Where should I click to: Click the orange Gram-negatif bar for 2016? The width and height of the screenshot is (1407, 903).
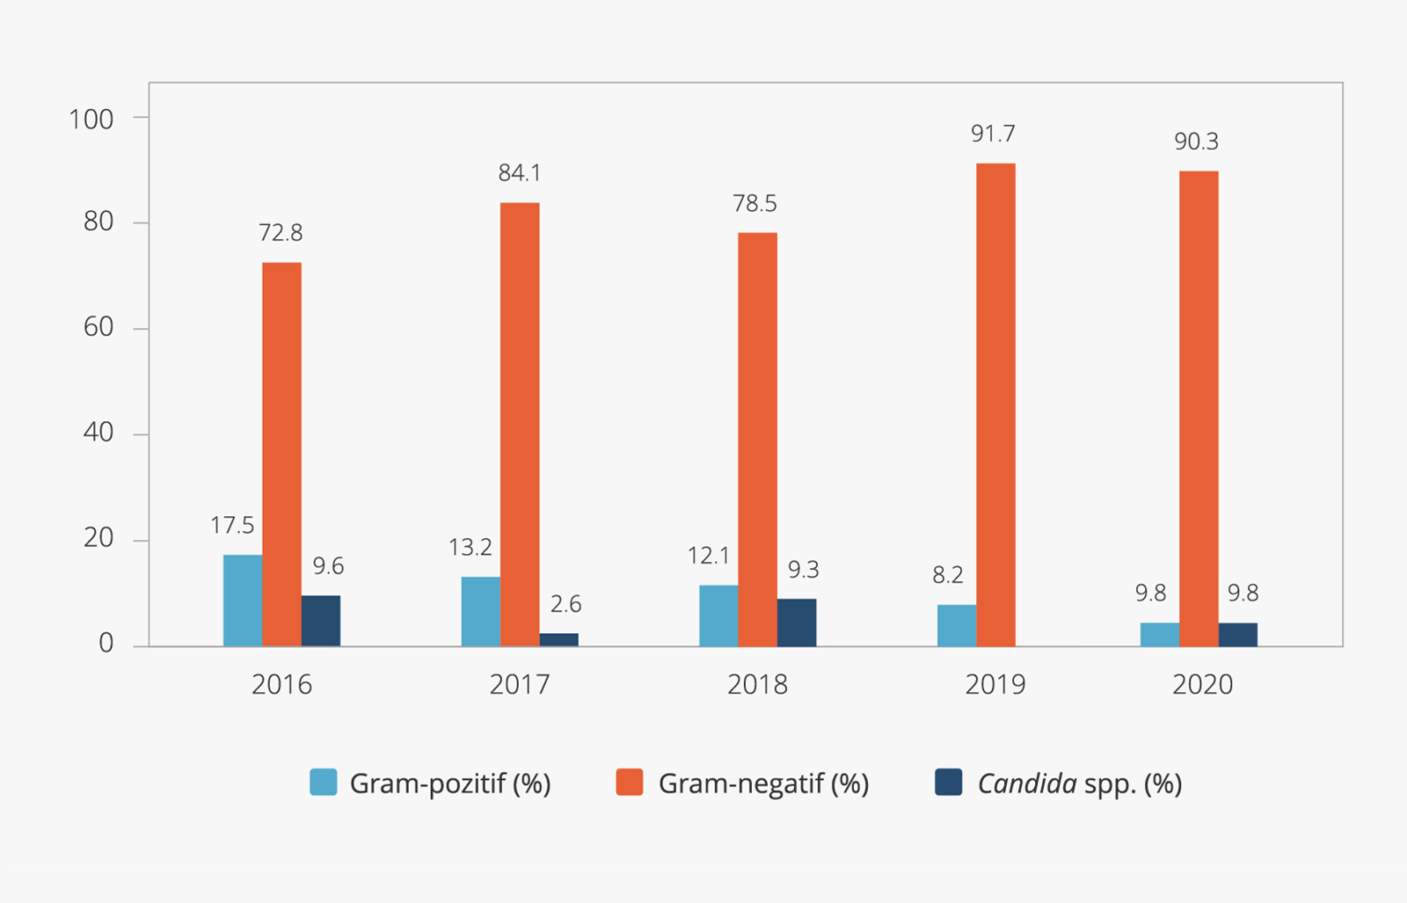tap(281, 454)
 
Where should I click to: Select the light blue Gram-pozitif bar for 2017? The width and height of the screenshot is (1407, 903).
tap(480, 611)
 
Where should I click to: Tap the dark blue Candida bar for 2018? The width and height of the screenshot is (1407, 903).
tap(796, 623)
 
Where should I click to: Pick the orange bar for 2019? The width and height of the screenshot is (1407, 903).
tap(995, 404)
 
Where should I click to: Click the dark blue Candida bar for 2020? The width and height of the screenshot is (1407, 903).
tap(1237, 635)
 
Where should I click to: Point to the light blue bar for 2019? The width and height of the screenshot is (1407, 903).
tap(956, 625)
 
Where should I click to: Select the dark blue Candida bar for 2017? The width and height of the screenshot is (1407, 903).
tap(558, 639)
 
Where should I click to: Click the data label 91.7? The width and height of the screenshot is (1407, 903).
tap(993, 134)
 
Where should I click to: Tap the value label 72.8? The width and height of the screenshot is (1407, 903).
tap(281, 233)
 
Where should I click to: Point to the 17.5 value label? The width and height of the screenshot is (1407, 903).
tap(232, 526)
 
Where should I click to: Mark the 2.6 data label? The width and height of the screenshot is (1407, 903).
tap(565, 604)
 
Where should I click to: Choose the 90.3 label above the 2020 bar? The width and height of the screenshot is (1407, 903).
tap(1196, 142)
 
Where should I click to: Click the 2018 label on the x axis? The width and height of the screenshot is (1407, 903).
tap(757, 684)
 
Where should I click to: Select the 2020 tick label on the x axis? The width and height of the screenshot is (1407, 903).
tap(1202, 684)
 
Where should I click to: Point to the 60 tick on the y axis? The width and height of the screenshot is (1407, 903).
tap(98, 327)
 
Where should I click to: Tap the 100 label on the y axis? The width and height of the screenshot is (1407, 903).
tap(91, 120)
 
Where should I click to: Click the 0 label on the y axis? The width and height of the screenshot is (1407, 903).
tap(106, 644)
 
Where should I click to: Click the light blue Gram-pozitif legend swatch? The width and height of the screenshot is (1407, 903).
tap(324, 783)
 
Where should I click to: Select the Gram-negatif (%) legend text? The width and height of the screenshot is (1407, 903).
tap(763, 783)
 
